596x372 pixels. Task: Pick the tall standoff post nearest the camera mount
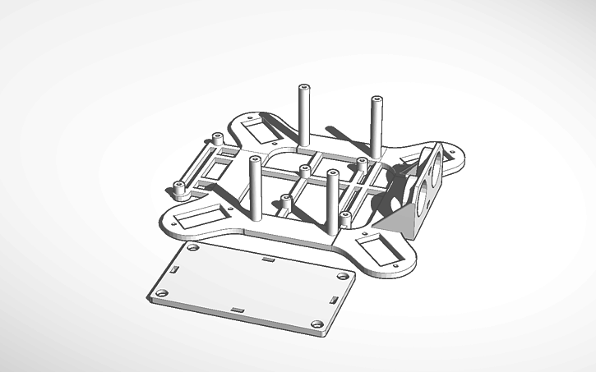click(377, 127)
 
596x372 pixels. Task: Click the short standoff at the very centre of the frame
click(305, 172)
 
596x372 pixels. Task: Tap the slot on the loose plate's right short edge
click(335, 298)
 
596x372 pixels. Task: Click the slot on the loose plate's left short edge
click(175, 268)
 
